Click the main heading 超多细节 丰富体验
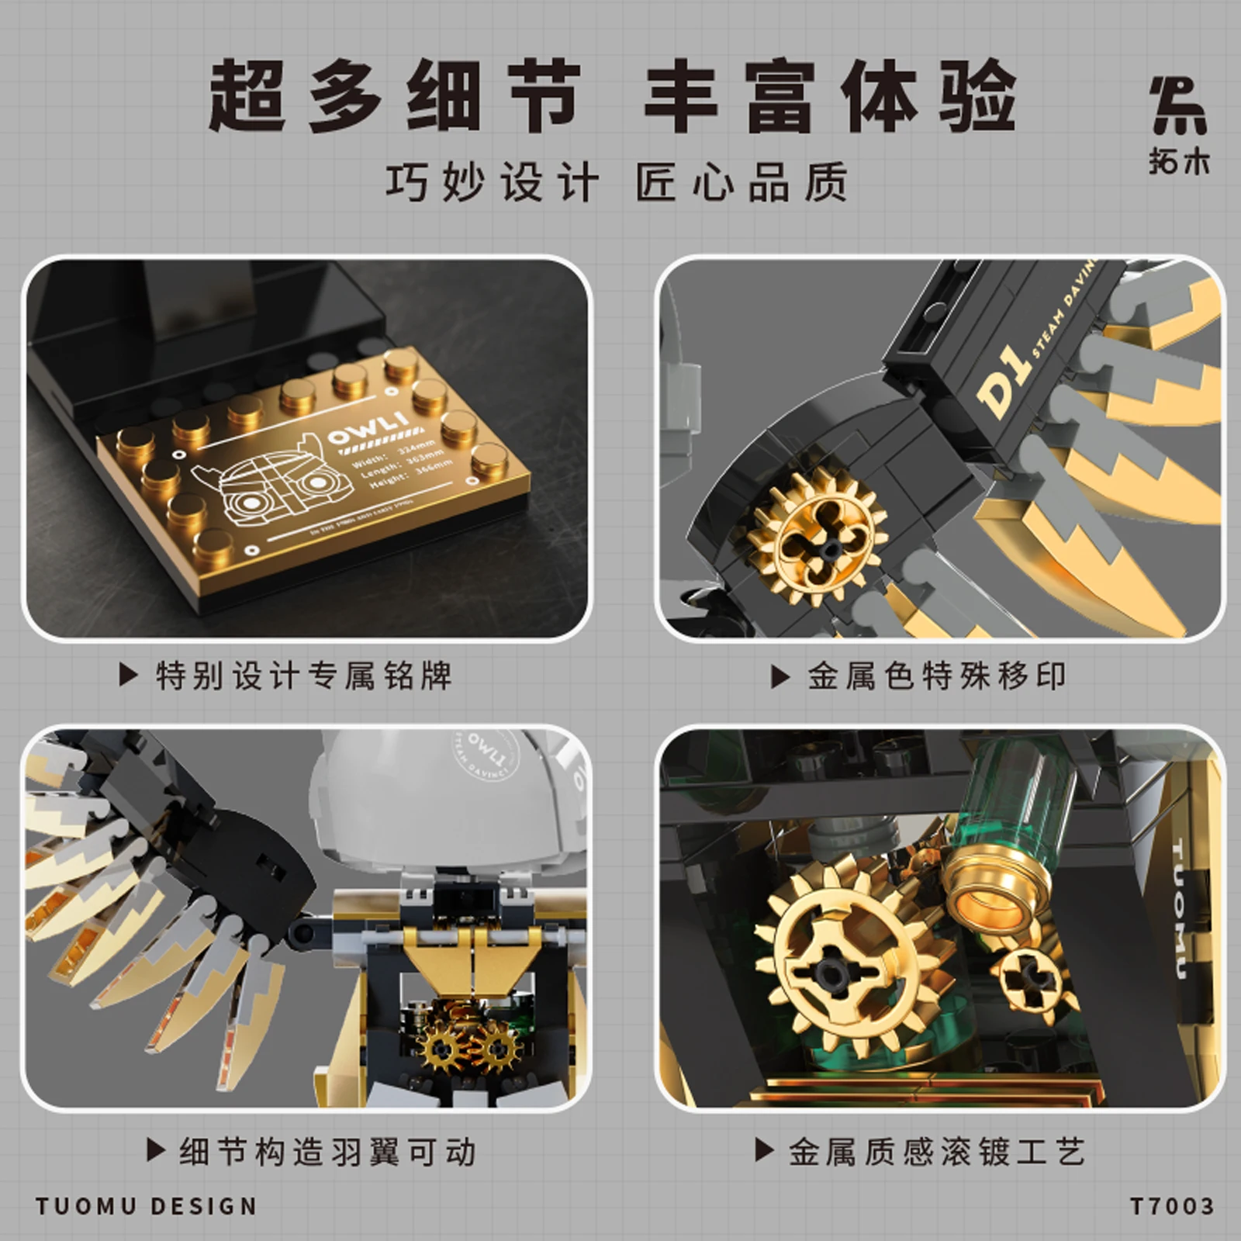[x=613, y=97]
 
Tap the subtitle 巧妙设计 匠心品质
[x=617, y=183]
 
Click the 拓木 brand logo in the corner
[x=1178, y=124]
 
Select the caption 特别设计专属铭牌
[x=302, y=676]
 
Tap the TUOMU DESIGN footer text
[x=146, y=1207]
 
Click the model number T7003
[x=1171, y=1207]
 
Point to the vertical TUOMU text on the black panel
[x=1177, y=907]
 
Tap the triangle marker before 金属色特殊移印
[x=780, y=677]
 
